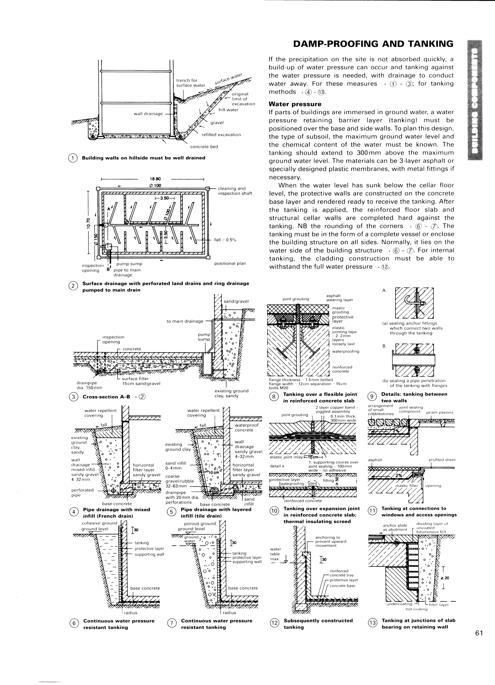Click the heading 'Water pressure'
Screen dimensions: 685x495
pyautogui.click(x=295, y=104)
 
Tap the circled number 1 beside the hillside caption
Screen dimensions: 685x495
pyautogui.click(x=73, y=158)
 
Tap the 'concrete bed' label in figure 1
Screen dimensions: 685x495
pyautogui.click(x=204, y=147)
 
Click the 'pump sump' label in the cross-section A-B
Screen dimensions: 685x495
pyautogui.click(x=204, y=337)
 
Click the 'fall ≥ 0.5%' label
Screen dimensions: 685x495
pyautogui.click(x=225, y=240)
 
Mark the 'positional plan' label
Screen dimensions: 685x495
pyautogui.click(x=230, y=263)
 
